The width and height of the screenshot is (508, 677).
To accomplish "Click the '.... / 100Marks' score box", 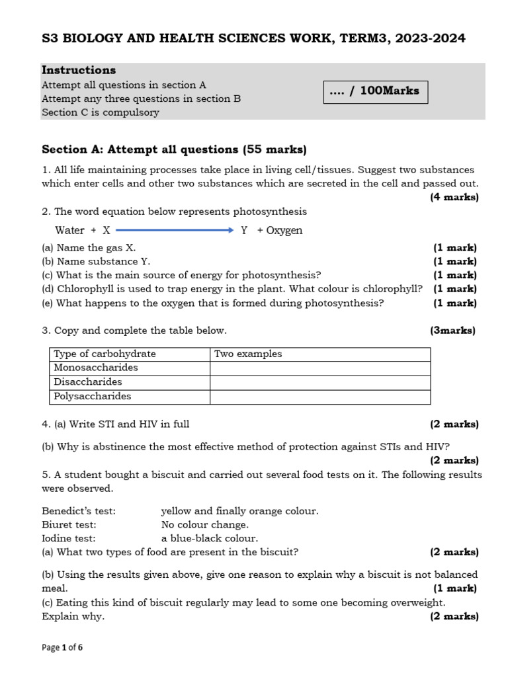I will pyautogui.click(x=375, y=91).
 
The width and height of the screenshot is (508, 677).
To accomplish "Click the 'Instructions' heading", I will pyautogui.click(x=79, y=70).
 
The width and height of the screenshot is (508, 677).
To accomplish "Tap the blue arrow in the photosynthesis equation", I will pyautogui.click(x=175, y=230).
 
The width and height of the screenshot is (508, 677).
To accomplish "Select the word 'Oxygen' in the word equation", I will pyautogui.click(x=284, y=230).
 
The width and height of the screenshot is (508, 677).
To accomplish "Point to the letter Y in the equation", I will pyautogui.click(x=244, y=230).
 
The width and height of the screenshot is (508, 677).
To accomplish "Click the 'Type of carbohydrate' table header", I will pyautogui.click(x=105, y=354).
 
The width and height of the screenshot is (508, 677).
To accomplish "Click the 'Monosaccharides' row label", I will pyautogui.click(x=96, y=368).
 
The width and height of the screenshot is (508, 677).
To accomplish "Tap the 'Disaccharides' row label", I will pyautogui.click(x=88, y=382).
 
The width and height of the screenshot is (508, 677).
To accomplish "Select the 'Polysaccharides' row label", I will pyautogui.click(x=93, y=397).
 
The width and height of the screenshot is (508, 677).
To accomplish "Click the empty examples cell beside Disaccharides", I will pyautogui.click(x=320, y=382).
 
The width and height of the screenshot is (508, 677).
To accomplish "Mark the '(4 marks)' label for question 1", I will pyautogui.click(x=454, y=197).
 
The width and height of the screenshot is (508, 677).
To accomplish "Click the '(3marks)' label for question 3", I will pyautogui.click(x=452, y=331).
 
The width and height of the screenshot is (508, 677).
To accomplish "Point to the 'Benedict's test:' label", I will pyautogui.click(x=79, y=511).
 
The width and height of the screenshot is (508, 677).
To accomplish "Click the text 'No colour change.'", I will pyautogui.click(x=205, y=525).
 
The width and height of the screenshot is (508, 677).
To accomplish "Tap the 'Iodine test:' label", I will pyautogui.click(x=69, y=538).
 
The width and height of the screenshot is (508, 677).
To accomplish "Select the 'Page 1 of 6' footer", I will pyautogui.click(x=62, y=648).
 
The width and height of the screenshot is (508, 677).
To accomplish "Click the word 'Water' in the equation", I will pyautogui.click(x=69, y=230).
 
